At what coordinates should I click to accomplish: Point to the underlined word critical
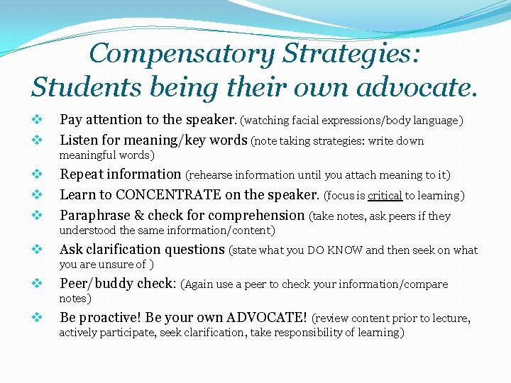pos(384,196)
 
